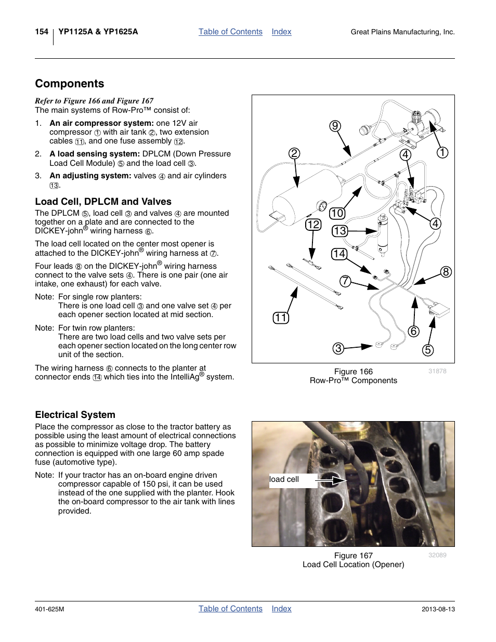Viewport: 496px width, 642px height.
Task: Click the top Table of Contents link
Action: [x=230, y=32]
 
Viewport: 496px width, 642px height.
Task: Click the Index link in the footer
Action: [x=281, y=609]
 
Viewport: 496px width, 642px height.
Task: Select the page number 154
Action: [x=42, y=32]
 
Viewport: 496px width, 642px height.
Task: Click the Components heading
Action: [x=70, y=84]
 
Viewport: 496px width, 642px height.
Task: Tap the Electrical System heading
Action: [x=75, y=415]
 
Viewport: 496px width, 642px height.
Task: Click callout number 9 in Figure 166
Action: [x=335, y=126]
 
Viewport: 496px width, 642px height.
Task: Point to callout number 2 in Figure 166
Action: [x=294, y=153]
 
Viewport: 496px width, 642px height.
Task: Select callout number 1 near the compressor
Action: [x=442, y=152]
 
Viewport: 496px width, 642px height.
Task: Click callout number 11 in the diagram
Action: [x=281, y=318]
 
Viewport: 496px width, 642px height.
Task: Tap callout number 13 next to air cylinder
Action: [x=340, y=231]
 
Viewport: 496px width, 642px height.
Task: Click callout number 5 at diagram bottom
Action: [x=428, y=350]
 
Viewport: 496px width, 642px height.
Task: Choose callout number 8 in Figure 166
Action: [x=446, y=272]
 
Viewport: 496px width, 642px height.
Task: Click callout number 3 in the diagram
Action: [x=338, y=348]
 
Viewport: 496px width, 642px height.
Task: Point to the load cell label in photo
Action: [x=284, y=479]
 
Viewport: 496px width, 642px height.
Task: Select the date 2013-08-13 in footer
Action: [x=438, y=609]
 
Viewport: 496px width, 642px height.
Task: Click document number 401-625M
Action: [x=49, y=609]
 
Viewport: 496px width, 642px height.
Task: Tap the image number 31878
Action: [x=437, y=371]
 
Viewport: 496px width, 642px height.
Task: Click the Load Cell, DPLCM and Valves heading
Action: [x=103, y=202]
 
